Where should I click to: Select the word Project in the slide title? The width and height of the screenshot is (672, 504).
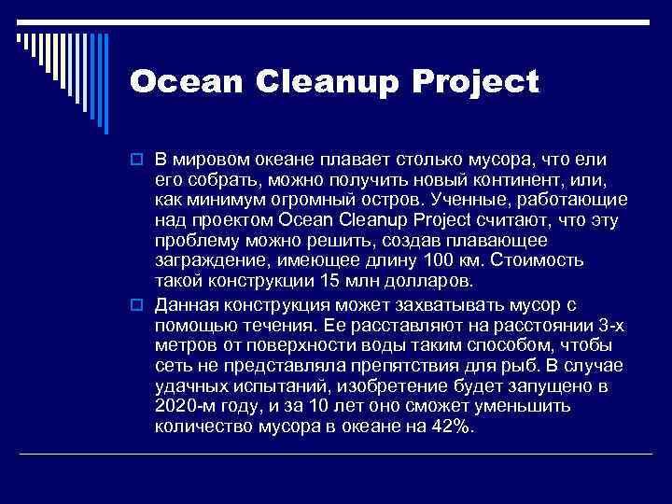[x=480, y=83]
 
